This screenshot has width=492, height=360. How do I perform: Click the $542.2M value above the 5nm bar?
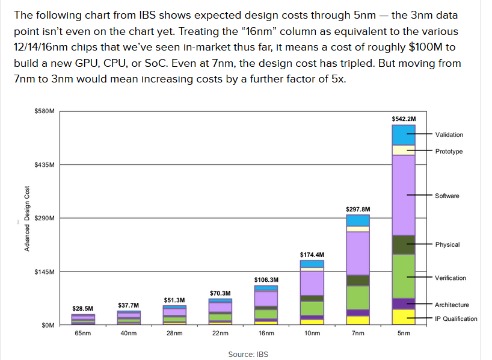404,119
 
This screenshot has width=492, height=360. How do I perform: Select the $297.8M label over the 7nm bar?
358,209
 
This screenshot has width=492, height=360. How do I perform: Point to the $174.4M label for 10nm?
312,255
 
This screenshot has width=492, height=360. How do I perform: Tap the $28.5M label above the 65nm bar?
82,309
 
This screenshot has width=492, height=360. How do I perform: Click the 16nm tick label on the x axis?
266,333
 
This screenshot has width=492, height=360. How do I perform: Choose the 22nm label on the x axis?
220,333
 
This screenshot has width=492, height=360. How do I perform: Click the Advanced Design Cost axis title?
26,219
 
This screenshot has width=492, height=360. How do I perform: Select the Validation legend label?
449,135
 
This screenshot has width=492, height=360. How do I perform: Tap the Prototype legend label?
449,151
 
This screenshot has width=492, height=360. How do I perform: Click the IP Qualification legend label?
456,318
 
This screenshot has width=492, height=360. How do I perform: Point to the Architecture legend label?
452,305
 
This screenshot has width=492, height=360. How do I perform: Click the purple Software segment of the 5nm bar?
404,195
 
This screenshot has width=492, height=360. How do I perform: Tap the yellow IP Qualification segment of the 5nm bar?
404,317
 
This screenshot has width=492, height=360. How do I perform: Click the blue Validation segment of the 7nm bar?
358,220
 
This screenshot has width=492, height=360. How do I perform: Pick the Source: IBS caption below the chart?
248,354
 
